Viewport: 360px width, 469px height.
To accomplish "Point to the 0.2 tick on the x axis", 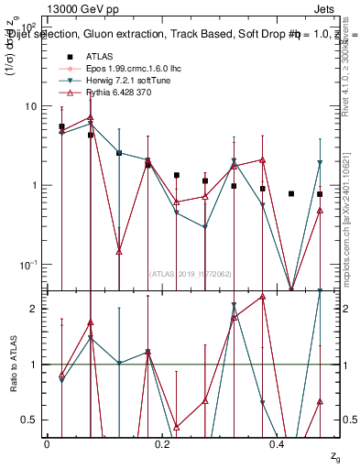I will click(x=162, y=442).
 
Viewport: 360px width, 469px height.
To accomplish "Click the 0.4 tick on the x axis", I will click(x=278, y=442).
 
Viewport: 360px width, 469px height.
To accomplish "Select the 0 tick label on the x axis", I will click(x=47, y=442).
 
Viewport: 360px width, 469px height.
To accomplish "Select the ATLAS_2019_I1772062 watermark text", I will click(x=190, y=273).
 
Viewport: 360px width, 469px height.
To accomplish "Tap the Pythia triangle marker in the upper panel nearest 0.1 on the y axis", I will click(x=120, y=252).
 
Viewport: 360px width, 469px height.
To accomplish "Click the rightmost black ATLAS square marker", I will click(x=320, y=194).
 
